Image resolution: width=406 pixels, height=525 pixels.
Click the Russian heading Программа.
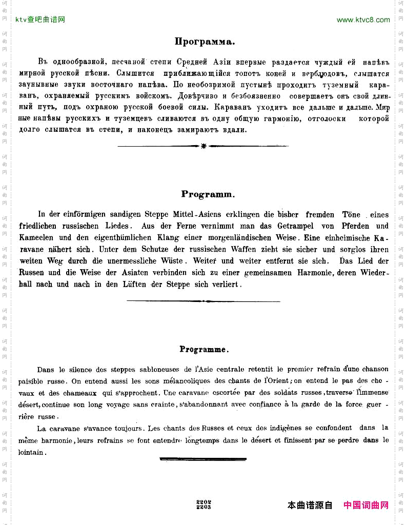click(x=205, y=42)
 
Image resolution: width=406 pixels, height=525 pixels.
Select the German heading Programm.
click(x=208, y=194)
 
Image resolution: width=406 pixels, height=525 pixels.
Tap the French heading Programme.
click(x=204, y=349)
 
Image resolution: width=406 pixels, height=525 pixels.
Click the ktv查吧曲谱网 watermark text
click(x=40, y=20)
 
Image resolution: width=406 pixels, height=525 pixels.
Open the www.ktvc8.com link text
click(x=363, y=20)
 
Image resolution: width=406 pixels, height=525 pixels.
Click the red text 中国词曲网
click(x=366, y=505)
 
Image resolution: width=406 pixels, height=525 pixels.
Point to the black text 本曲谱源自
click(x=310, y=505)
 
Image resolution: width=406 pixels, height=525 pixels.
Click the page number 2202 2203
click(x=204, y=504)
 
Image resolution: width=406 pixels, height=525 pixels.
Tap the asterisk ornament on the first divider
click(x=204, y=146)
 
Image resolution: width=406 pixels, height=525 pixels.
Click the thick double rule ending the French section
click(x=203, y=459)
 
